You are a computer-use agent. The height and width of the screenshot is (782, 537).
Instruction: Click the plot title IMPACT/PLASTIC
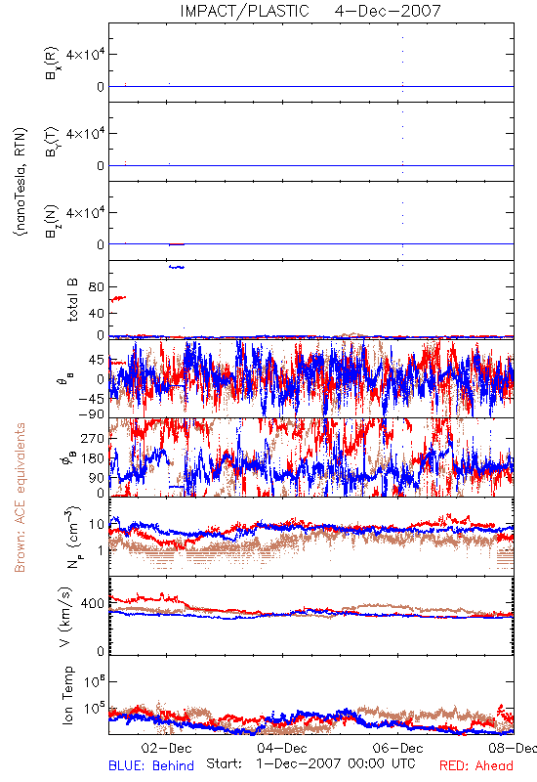244,11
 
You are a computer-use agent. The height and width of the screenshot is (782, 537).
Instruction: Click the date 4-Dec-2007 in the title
388,11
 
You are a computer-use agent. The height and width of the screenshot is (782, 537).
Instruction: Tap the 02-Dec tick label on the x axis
166,748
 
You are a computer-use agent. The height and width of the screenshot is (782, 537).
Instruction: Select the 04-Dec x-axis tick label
282,748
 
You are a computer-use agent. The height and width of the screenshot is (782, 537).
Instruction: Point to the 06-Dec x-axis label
397,748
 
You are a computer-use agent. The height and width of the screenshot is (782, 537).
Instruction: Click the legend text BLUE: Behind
151,765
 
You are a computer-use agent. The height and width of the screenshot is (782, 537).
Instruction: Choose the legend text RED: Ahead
475,765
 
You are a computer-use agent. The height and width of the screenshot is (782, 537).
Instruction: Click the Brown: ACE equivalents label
20,498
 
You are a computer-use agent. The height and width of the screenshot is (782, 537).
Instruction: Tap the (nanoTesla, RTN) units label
21,182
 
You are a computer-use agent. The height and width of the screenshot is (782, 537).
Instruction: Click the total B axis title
72,300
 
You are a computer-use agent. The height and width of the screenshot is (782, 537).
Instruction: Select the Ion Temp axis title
67,695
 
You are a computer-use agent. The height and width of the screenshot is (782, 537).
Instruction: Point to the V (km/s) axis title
65,617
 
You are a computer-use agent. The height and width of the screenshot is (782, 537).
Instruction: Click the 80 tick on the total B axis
97,287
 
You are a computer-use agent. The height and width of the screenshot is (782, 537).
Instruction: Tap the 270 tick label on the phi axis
93,438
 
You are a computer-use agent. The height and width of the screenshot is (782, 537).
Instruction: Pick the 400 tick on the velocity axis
93,603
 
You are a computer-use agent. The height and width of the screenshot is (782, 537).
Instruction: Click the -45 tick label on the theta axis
91,399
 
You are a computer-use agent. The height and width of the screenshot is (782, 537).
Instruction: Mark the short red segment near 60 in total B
118,298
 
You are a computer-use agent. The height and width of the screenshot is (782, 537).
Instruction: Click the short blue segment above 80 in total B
177,267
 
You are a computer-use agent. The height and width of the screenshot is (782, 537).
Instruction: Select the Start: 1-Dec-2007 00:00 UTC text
310,763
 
